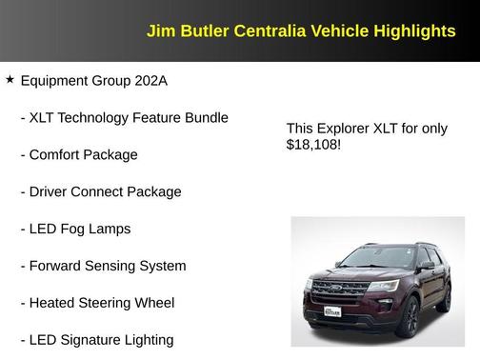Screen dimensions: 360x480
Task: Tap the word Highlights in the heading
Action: [x=413, y=31]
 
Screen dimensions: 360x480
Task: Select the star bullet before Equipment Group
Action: [x=10, y=80]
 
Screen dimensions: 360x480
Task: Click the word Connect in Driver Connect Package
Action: [x=100, y=192]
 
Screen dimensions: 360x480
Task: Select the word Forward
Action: [x=58, y=267]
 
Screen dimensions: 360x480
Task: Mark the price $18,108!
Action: [x=313, y=145]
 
